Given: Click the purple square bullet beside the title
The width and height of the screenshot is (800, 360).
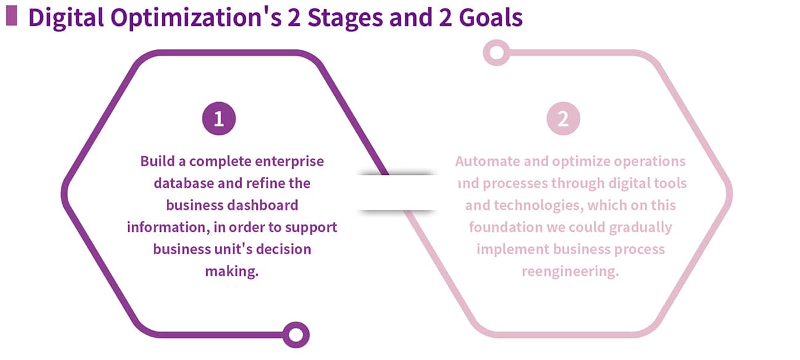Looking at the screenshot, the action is [12, 16].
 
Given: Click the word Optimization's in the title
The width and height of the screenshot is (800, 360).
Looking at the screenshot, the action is [196, 18].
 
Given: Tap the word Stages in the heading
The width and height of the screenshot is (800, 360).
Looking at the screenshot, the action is [345, 18].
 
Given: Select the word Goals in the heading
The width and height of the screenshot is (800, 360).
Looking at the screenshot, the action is [490, 17].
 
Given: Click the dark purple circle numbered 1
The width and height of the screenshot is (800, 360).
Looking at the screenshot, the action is [219, 119].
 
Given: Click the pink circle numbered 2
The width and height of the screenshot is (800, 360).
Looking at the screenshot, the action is [563, 119].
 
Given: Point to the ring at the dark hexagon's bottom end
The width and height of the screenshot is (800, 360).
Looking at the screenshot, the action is [296, 335].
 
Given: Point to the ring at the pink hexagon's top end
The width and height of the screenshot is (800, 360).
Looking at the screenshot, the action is [497, 53].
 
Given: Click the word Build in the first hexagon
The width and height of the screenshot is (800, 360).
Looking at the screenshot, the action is [158, 161].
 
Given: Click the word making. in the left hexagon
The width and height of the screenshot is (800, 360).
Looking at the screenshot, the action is [232, 271].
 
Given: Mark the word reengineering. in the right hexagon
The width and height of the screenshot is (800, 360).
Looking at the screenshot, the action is [570, 272].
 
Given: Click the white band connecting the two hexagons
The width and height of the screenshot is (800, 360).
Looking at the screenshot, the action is [396, 193].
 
